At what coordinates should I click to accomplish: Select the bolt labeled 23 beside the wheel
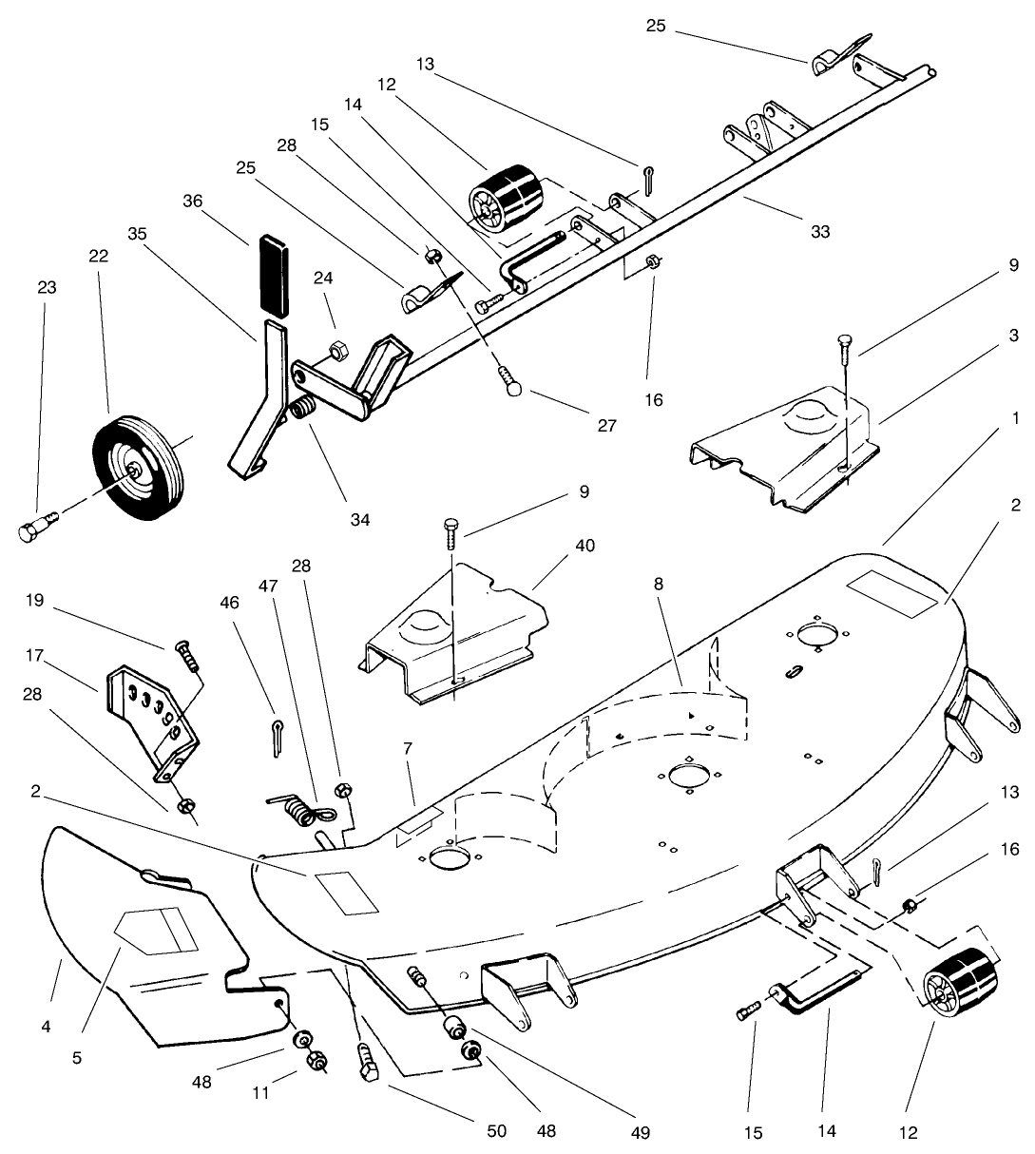tap(37, 524)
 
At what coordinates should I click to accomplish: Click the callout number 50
tap(495, 1131)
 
